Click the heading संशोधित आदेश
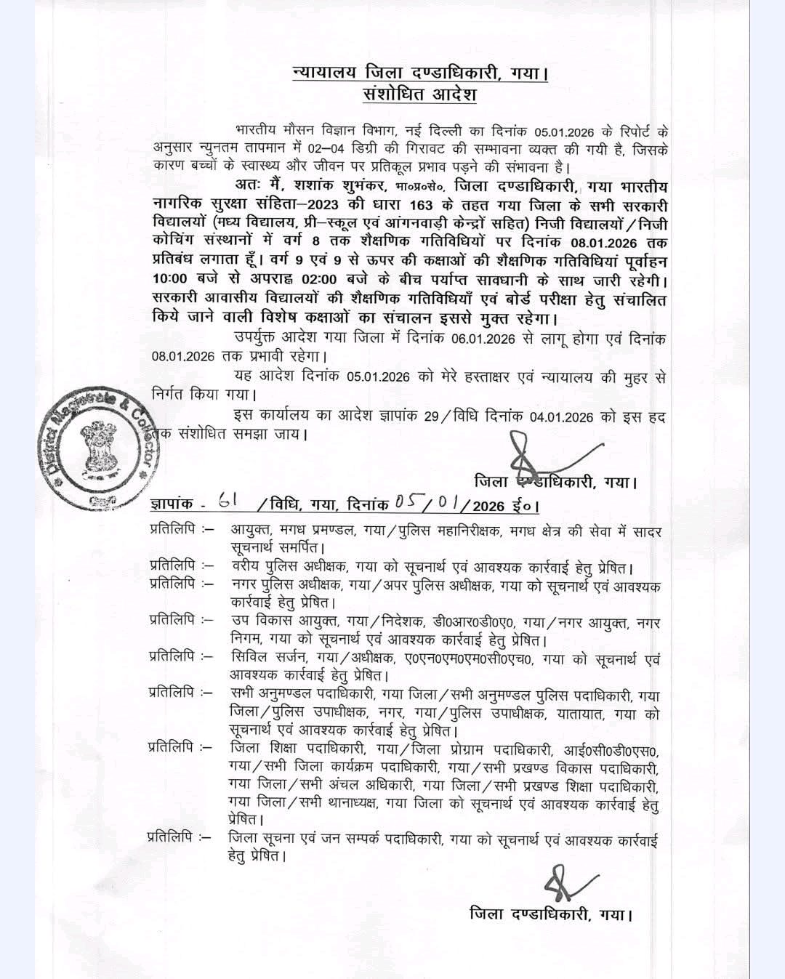tap(419, 95)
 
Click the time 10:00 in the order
tap(170, 279)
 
